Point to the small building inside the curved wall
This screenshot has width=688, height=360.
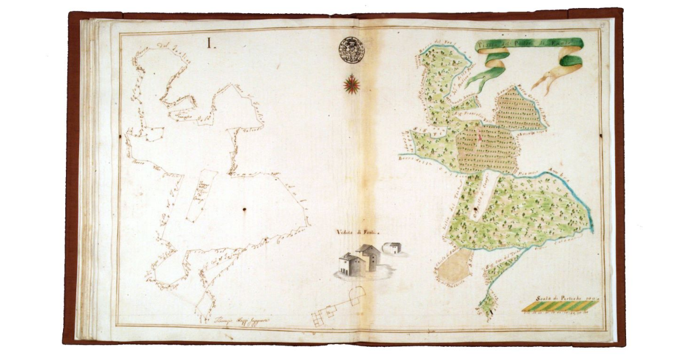[393, 248]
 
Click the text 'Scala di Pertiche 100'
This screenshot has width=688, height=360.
[560, 298]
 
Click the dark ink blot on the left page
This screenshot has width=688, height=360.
[244, 210]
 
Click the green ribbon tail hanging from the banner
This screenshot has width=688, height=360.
[485, 75]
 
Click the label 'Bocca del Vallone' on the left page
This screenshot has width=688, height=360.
[154, 50]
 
